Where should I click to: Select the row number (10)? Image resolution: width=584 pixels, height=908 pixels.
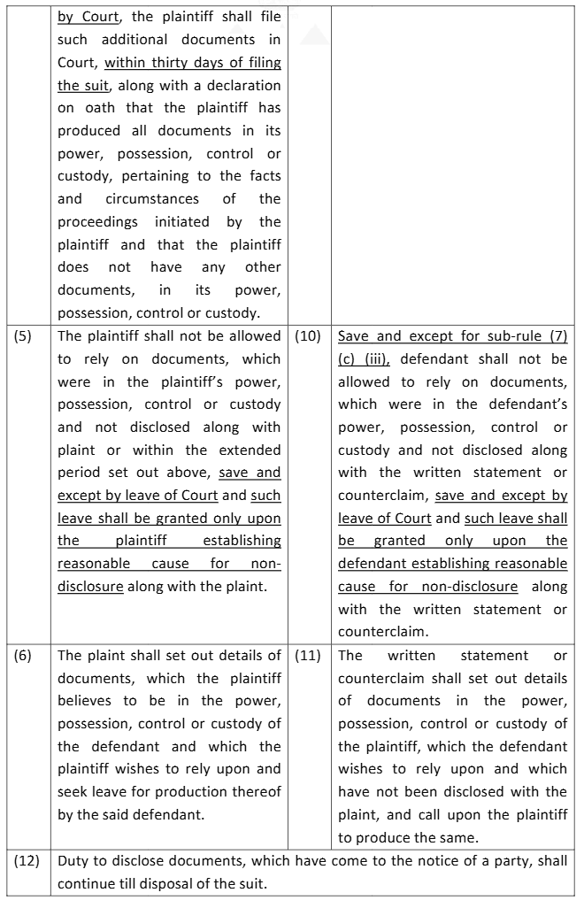305,336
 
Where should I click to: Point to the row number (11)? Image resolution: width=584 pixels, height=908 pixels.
305,656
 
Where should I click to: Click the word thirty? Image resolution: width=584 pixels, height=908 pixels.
172,63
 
